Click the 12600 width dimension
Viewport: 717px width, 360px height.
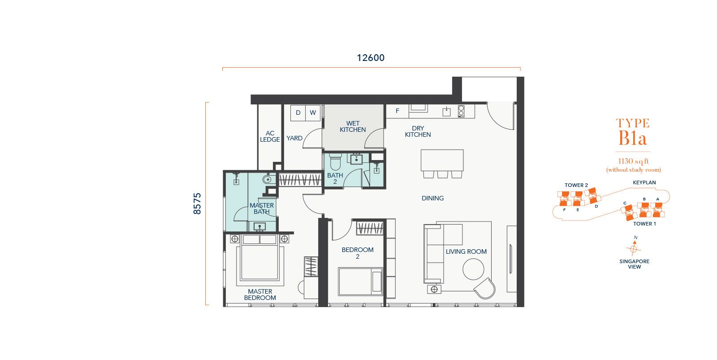371,58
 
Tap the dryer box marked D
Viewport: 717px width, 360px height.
298,113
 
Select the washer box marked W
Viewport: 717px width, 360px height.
313,113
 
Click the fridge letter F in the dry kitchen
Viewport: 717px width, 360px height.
397,111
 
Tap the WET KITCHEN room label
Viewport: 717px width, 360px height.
353,126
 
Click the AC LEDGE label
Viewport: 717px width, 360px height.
270,136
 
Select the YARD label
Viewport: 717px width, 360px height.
294,138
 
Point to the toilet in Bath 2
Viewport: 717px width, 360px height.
336,161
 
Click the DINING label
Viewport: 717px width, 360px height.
432,198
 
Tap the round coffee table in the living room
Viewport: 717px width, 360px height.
473,269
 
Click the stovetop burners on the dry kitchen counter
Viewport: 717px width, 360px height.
461,111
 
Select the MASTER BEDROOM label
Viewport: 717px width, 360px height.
260,295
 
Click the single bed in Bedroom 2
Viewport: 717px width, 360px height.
360,282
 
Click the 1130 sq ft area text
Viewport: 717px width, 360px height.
634,161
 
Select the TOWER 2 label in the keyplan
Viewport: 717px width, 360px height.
576,185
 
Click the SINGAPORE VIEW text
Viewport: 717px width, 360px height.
635,264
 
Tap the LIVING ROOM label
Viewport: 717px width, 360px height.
466,252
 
